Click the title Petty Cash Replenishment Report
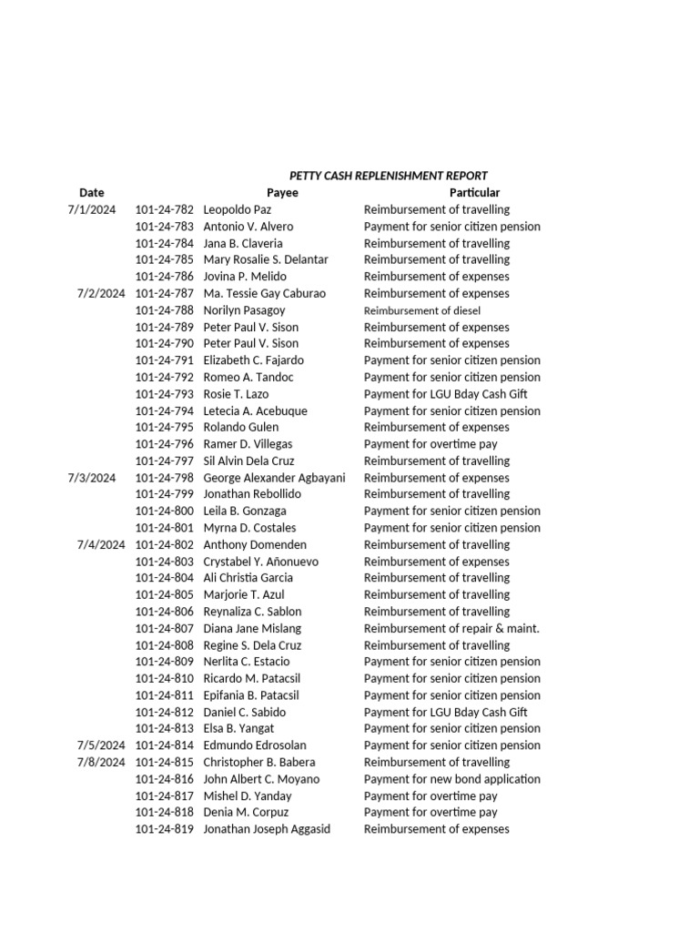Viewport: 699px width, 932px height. [x=388, y=176]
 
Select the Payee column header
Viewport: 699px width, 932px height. [x=282, y=193]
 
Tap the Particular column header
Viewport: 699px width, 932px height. [x=474, y=193]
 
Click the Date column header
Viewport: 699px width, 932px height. [x=92, y=193]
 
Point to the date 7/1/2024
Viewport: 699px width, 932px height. [x=92, y=209]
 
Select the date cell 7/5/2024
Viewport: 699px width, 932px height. [x=101, y=745]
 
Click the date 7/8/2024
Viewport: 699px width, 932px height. [x=101, y=762]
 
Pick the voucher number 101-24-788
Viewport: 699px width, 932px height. [x=164, y=310]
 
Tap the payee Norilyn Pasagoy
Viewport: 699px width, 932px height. [x=244, y=310]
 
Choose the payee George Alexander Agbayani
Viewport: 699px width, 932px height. [x=274, y=478]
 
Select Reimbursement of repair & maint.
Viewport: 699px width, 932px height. [x=451, y=628]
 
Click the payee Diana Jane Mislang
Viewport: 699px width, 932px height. [x=252, y=628]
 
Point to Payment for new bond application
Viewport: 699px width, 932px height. [x=451, y=779]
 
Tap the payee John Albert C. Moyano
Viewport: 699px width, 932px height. [x=261, y=779]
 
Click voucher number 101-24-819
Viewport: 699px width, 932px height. [x=164, y=829]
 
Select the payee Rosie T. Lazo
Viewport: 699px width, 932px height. [x=236, y=394]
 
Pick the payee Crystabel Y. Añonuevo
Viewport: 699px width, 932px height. [x=260, y=562]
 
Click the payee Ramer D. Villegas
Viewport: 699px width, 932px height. [x=248, y=444]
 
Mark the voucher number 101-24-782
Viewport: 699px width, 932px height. [x=164, y=209]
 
